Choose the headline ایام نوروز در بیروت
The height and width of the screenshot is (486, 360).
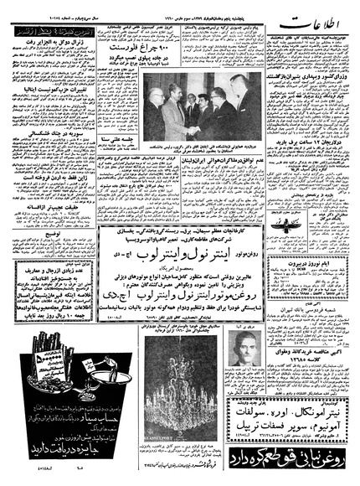[314, 261]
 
